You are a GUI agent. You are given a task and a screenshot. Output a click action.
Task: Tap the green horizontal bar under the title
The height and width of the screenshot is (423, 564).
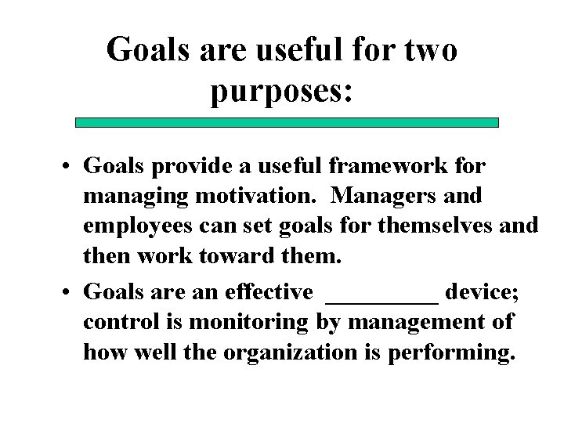(x=287, y=122)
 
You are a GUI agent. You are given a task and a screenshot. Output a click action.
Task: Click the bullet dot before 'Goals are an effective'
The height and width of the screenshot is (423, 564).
(x=70, y=293)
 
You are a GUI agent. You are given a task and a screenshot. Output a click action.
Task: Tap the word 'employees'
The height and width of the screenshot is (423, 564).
(x=140, y=227)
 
